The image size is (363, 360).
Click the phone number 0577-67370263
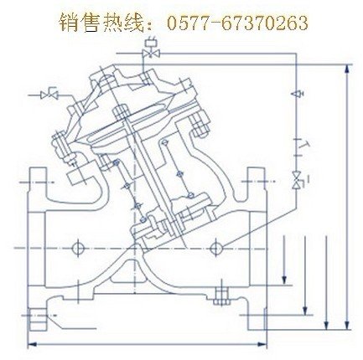237,23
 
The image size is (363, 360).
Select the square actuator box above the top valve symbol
150,43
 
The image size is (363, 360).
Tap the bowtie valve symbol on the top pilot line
151,54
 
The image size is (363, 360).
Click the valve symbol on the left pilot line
49,95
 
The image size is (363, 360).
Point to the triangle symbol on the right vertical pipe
297,94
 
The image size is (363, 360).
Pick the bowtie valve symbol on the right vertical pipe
297,180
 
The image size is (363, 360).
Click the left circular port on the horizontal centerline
77,247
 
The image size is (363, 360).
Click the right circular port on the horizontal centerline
216,247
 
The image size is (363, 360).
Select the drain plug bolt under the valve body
221,296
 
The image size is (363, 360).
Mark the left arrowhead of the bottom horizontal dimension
32,345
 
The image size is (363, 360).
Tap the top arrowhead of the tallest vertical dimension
347,69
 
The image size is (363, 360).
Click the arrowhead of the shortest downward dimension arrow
284,280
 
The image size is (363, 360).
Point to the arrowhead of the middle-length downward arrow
305,311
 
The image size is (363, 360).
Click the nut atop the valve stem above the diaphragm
122,111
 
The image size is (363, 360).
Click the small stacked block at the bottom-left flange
38,319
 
